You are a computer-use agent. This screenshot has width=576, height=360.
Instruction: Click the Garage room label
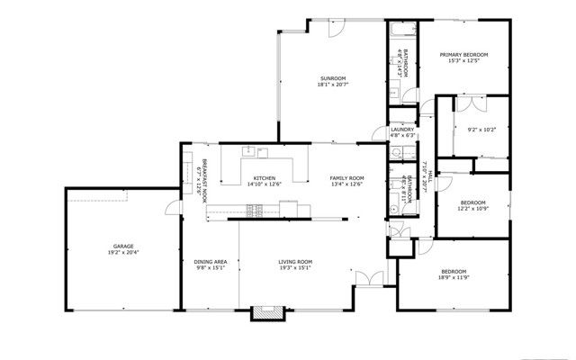pos(123,246)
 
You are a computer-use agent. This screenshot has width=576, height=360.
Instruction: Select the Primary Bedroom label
pos(463,55)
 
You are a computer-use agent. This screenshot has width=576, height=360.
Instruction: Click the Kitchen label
pos(264,177)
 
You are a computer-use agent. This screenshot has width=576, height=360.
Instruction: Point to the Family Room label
pos(346,177)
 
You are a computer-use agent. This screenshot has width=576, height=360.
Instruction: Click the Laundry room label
pos(402,130)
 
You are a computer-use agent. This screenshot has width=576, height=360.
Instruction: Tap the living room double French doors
pos(364,278)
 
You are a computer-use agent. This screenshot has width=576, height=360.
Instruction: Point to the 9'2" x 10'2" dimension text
pos(482,130)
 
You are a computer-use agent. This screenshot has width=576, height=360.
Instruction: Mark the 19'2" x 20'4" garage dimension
pos(123,253)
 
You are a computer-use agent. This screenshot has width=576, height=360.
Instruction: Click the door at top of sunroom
pos(334,28)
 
